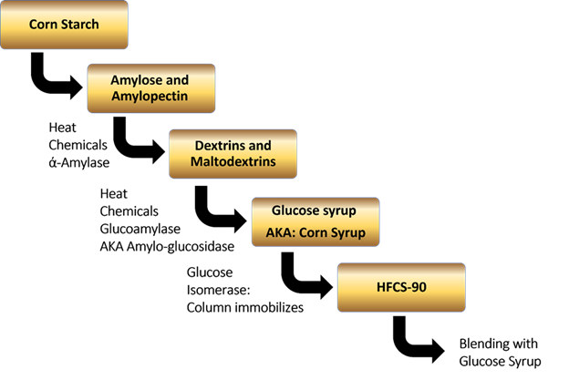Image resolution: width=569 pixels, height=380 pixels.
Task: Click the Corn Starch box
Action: point(65,26)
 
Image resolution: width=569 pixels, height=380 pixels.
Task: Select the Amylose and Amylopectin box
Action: point(150,88)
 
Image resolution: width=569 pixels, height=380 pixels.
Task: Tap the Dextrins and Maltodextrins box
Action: point(233,153)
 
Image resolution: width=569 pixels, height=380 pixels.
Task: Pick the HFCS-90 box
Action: point(401,287)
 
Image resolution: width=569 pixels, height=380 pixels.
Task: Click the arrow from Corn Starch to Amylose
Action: point(56,77)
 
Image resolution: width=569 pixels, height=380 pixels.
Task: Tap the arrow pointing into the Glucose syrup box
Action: point(219,210)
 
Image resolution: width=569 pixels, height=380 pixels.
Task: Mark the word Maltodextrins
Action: point(233,162)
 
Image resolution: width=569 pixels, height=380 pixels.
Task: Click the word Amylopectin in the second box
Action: point(150,97)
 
